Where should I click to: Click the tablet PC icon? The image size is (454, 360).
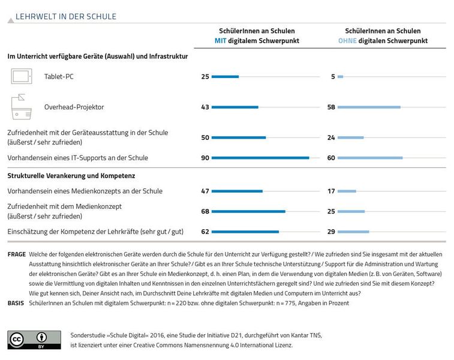click(22, 76)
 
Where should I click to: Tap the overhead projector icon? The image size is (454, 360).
click(22, 107)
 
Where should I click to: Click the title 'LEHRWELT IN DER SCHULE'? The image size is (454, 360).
click(66, 17)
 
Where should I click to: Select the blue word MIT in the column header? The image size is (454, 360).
click(220, 41)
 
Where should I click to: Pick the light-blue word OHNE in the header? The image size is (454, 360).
click(347, 41)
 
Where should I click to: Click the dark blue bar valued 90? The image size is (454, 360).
click(260, 158)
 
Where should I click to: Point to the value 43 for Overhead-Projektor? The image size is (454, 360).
click(205, 107)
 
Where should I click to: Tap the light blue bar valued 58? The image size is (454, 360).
click(369, 107)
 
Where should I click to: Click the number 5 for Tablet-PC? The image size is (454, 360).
click(333, 77)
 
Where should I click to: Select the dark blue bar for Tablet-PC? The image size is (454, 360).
click(226, 77)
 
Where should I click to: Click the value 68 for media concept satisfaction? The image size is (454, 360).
click(205, 211)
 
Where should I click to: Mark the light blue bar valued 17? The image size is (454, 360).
click(347, 191)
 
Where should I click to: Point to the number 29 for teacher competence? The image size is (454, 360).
click(331, 232)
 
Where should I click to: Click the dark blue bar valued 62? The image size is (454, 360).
click(245, 232)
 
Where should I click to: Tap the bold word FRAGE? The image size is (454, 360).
click(17, 254)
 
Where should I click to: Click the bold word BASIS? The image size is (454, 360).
click(16, 303)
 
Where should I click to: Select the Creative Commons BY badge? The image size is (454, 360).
click(34, 340)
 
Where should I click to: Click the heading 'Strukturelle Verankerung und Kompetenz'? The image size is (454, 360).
click(71, 176)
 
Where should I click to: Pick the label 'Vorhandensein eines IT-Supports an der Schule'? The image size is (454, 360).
click(77, 158)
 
